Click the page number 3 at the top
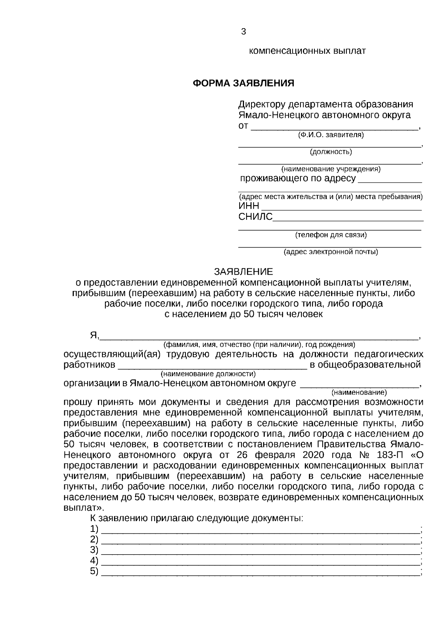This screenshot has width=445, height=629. pyautogui.click(x=243, y=32)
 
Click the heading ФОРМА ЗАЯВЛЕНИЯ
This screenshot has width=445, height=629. pyautogui.click(x=243, y=83)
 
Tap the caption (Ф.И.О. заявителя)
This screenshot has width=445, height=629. pyautogui.click(x=331, y=135)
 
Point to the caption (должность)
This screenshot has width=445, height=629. pyautogui.click(x=331, y=152)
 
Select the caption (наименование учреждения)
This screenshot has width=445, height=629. pyautogui.click(x=331, y=169)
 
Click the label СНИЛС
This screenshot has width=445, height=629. pyautogui.click(x=255, y=217)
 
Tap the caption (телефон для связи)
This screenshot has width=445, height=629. pyautogui.click(x=331, y=235)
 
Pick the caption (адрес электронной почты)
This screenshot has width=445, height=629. pyautogui.click(x=331, y=252)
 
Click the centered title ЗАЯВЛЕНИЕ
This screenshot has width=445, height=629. pyautogui.click(x=243, y=272)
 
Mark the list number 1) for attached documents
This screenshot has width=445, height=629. pyautogui.click(x=94, y=529)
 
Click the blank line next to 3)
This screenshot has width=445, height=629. pyautogui.click(x=260, y=550)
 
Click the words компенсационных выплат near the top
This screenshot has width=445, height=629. pyautogui.click(x=307, y=51)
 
